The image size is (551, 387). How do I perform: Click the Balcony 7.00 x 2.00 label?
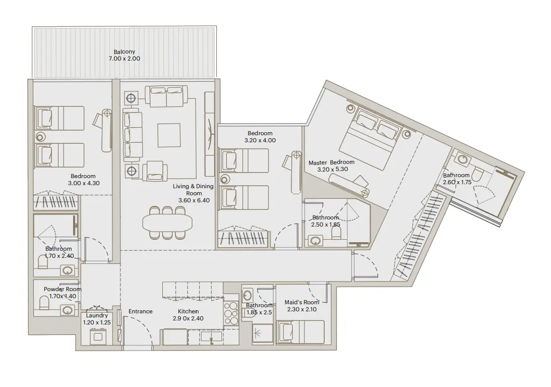coord(124,56)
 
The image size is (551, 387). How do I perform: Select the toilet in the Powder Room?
coord(44,303)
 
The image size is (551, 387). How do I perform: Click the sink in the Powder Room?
coord(68,310)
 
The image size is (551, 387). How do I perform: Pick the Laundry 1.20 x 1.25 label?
coord(96,319)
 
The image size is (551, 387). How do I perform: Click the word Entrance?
coord(140,311)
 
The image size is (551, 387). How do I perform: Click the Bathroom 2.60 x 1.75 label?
coord(456,179)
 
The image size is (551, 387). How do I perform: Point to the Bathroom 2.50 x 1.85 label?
coord(326,221)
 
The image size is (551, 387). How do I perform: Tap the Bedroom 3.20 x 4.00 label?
coord(260,137)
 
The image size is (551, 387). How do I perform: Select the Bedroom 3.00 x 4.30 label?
coord(83,180)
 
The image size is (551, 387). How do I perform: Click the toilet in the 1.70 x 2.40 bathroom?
coord(43,262)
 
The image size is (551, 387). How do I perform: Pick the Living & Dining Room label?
coord(193,193)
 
